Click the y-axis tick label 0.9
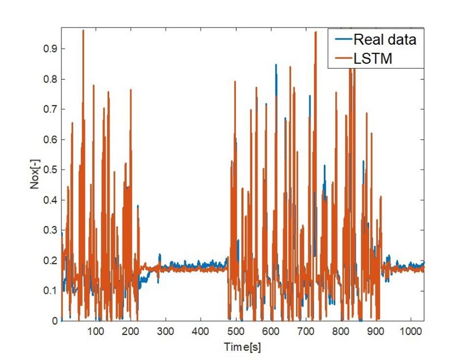click(50, 49)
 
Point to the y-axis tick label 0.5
click(50, 170)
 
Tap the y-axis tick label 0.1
click(50, 291)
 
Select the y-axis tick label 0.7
click(50, 109)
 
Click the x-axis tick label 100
click(96, 330)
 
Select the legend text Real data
click(385, 39)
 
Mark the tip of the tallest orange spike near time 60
click(83, 30)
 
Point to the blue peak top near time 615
click(276, 65)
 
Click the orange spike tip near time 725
click(315, 32)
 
